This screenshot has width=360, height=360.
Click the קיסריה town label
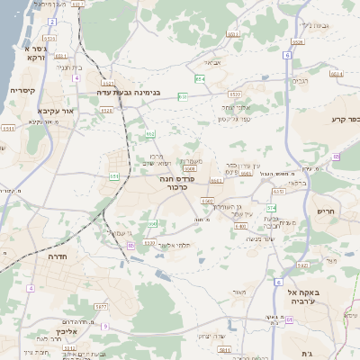click(22, 91)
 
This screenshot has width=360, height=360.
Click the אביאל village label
click(211, 62)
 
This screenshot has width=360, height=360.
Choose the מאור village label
click(238, 292)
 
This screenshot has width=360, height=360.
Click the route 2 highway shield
click(52, 22)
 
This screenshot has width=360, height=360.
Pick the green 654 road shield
click(201, 79)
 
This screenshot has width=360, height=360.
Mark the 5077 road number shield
click(100, 307)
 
